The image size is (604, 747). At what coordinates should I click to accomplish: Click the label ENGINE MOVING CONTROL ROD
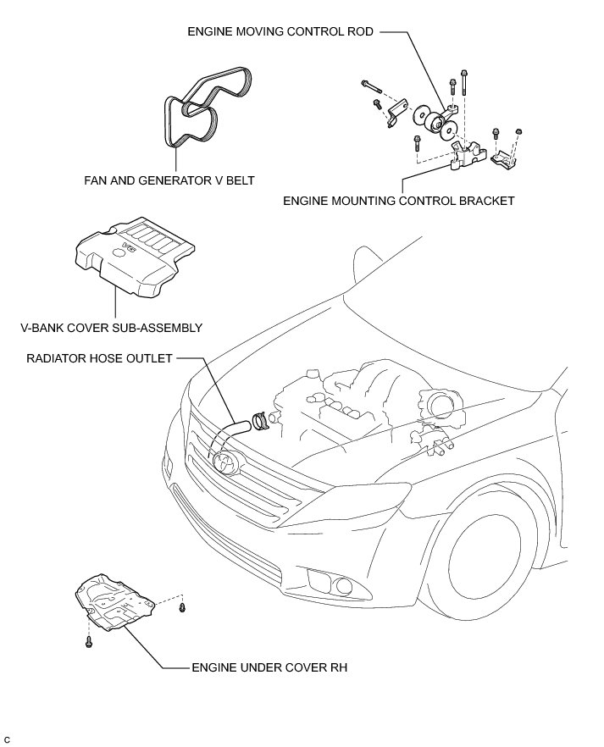[280, 32]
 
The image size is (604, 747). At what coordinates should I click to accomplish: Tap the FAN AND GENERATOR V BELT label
[169, 180]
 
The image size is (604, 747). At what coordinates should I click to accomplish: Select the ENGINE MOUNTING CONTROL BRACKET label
[399, 202]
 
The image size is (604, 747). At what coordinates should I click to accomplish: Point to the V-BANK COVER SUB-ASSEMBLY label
[113, 327]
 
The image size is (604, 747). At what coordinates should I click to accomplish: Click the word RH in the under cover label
[339, 667]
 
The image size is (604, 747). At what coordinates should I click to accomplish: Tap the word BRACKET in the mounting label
[486, 202]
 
